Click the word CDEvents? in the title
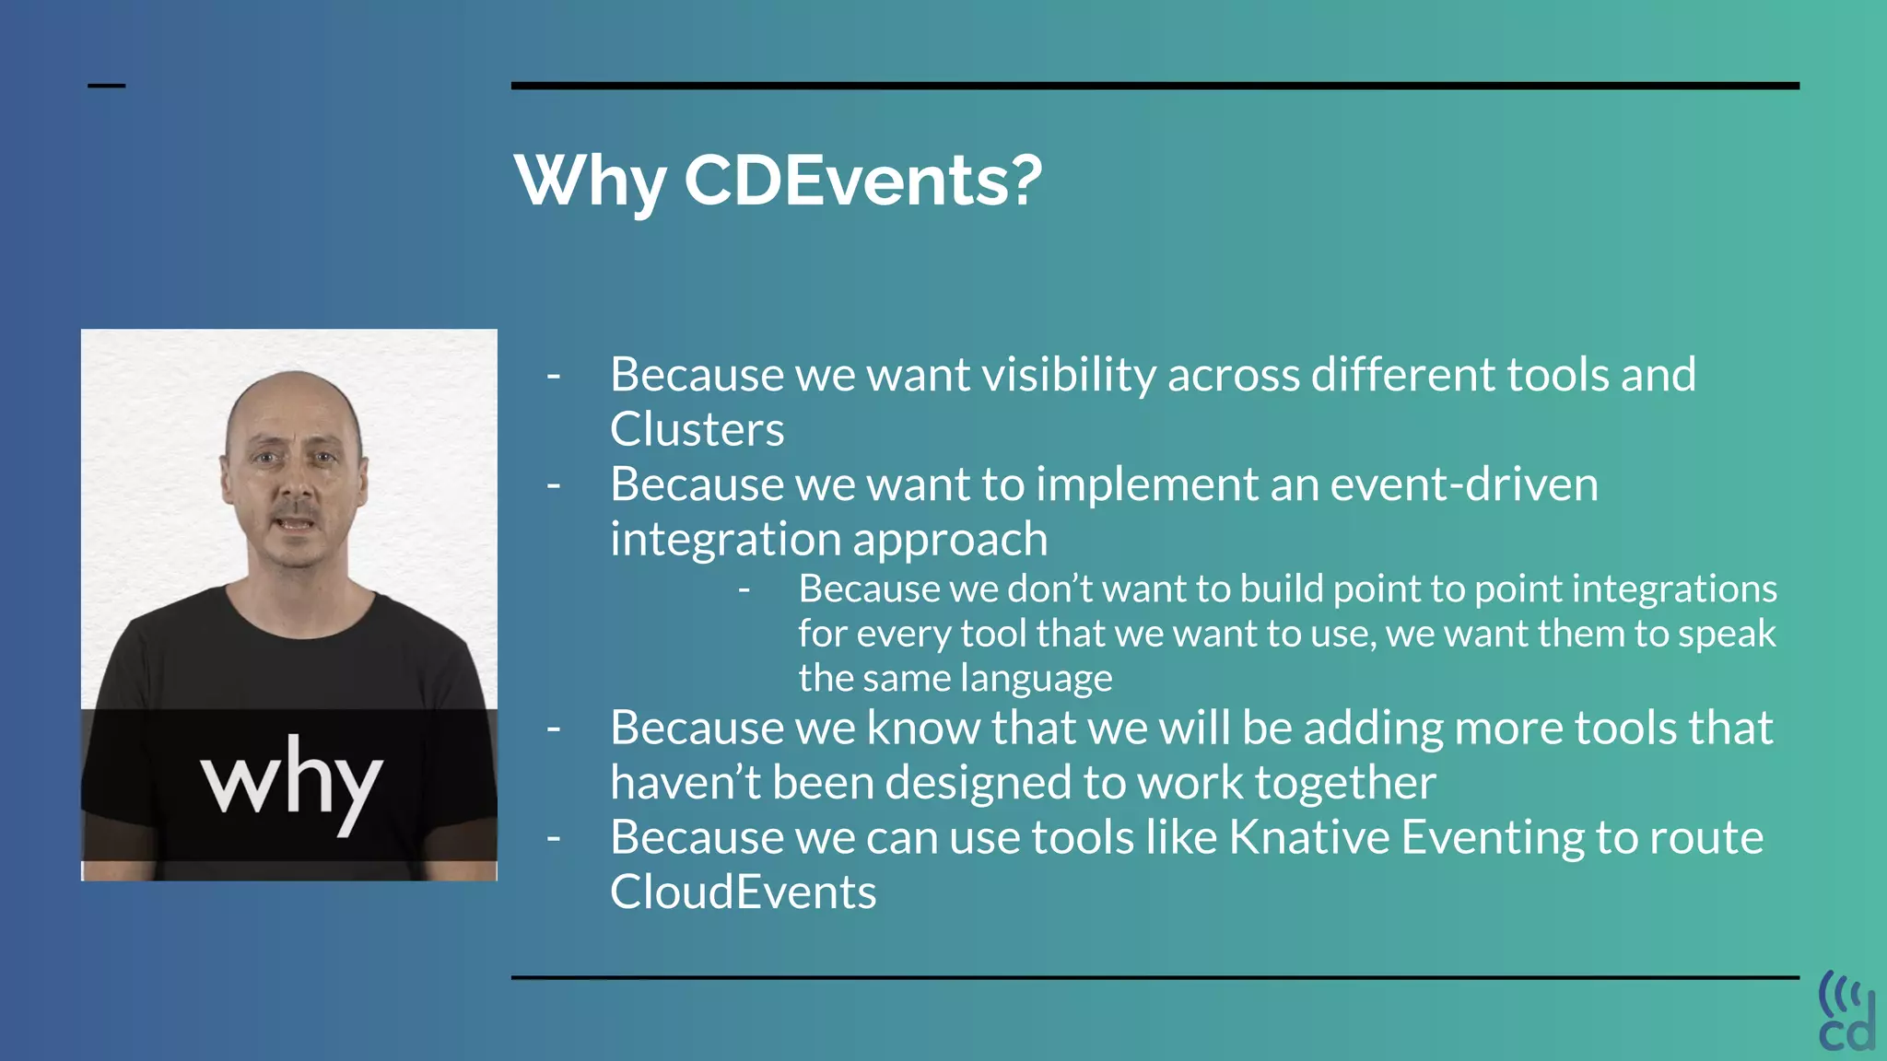pyautogui.click(x=862, y=181)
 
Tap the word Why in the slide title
pyautogui.click(x=590, y=181)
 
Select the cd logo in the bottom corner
pyautogui.click(x=1846, y=1011)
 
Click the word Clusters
pyautogui.click(x=697, y=430)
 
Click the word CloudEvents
pyautogui.click(x=743, y=892)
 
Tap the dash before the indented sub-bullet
pyautogui.click(x=744, y=589)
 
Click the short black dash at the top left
pyautogui.click(x=106, y=86)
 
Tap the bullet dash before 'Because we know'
pyautogui.click(x=554, y=729)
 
